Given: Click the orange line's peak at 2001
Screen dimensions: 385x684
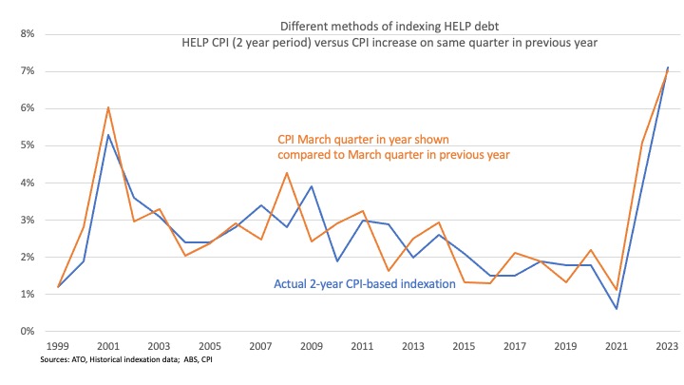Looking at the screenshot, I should point(108,107).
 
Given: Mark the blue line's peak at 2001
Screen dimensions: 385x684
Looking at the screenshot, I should point(108,135).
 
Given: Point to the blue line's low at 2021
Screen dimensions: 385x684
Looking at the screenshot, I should point(616,308).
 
